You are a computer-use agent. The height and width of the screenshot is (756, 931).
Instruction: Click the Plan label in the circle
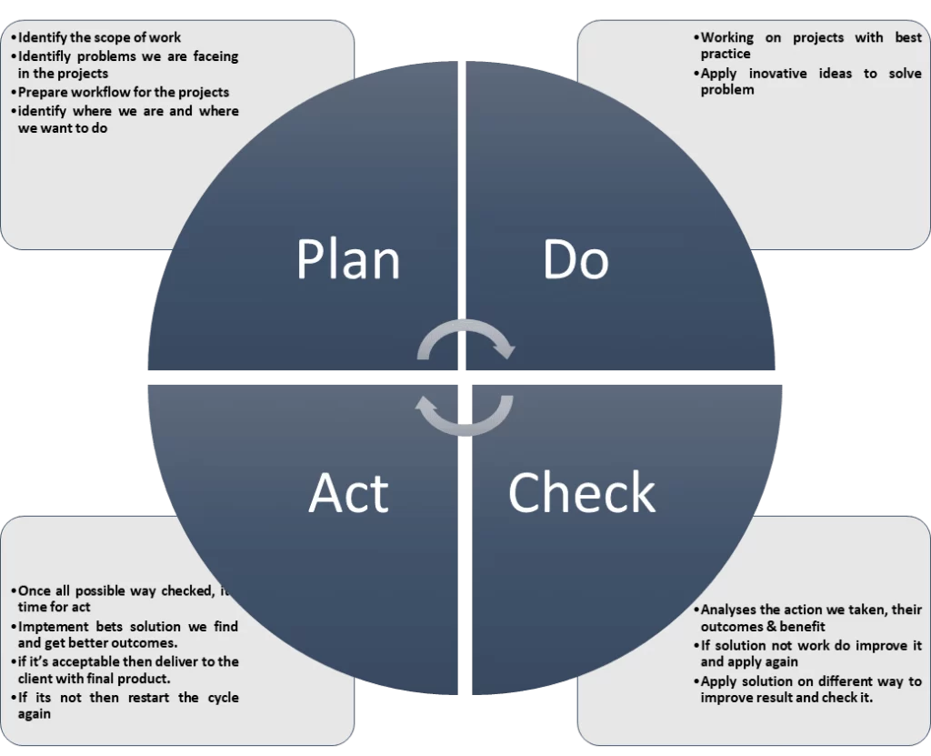click(348, 258)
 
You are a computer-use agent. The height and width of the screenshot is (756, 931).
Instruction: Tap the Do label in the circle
click(576, 258)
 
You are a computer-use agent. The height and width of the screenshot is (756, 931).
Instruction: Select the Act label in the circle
click(349, 492)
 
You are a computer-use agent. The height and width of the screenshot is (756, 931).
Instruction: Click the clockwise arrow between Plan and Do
click(466, 325)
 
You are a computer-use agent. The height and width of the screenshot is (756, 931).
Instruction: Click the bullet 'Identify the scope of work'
click(99, 37)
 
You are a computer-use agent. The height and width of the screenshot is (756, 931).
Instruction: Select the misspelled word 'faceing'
click(215, 56)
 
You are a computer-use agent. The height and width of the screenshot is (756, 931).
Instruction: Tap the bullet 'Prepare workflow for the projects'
click(123, 92)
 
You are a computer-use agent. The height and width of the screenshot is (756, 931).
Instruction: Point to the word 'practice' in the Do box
click(726, 54)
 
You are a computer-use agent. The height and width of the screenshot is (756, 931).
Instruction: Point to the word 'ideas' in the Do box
click(836, 73)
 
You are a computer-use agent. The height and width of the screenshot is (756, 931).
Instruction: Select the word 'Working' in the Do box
click(726, 37)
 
